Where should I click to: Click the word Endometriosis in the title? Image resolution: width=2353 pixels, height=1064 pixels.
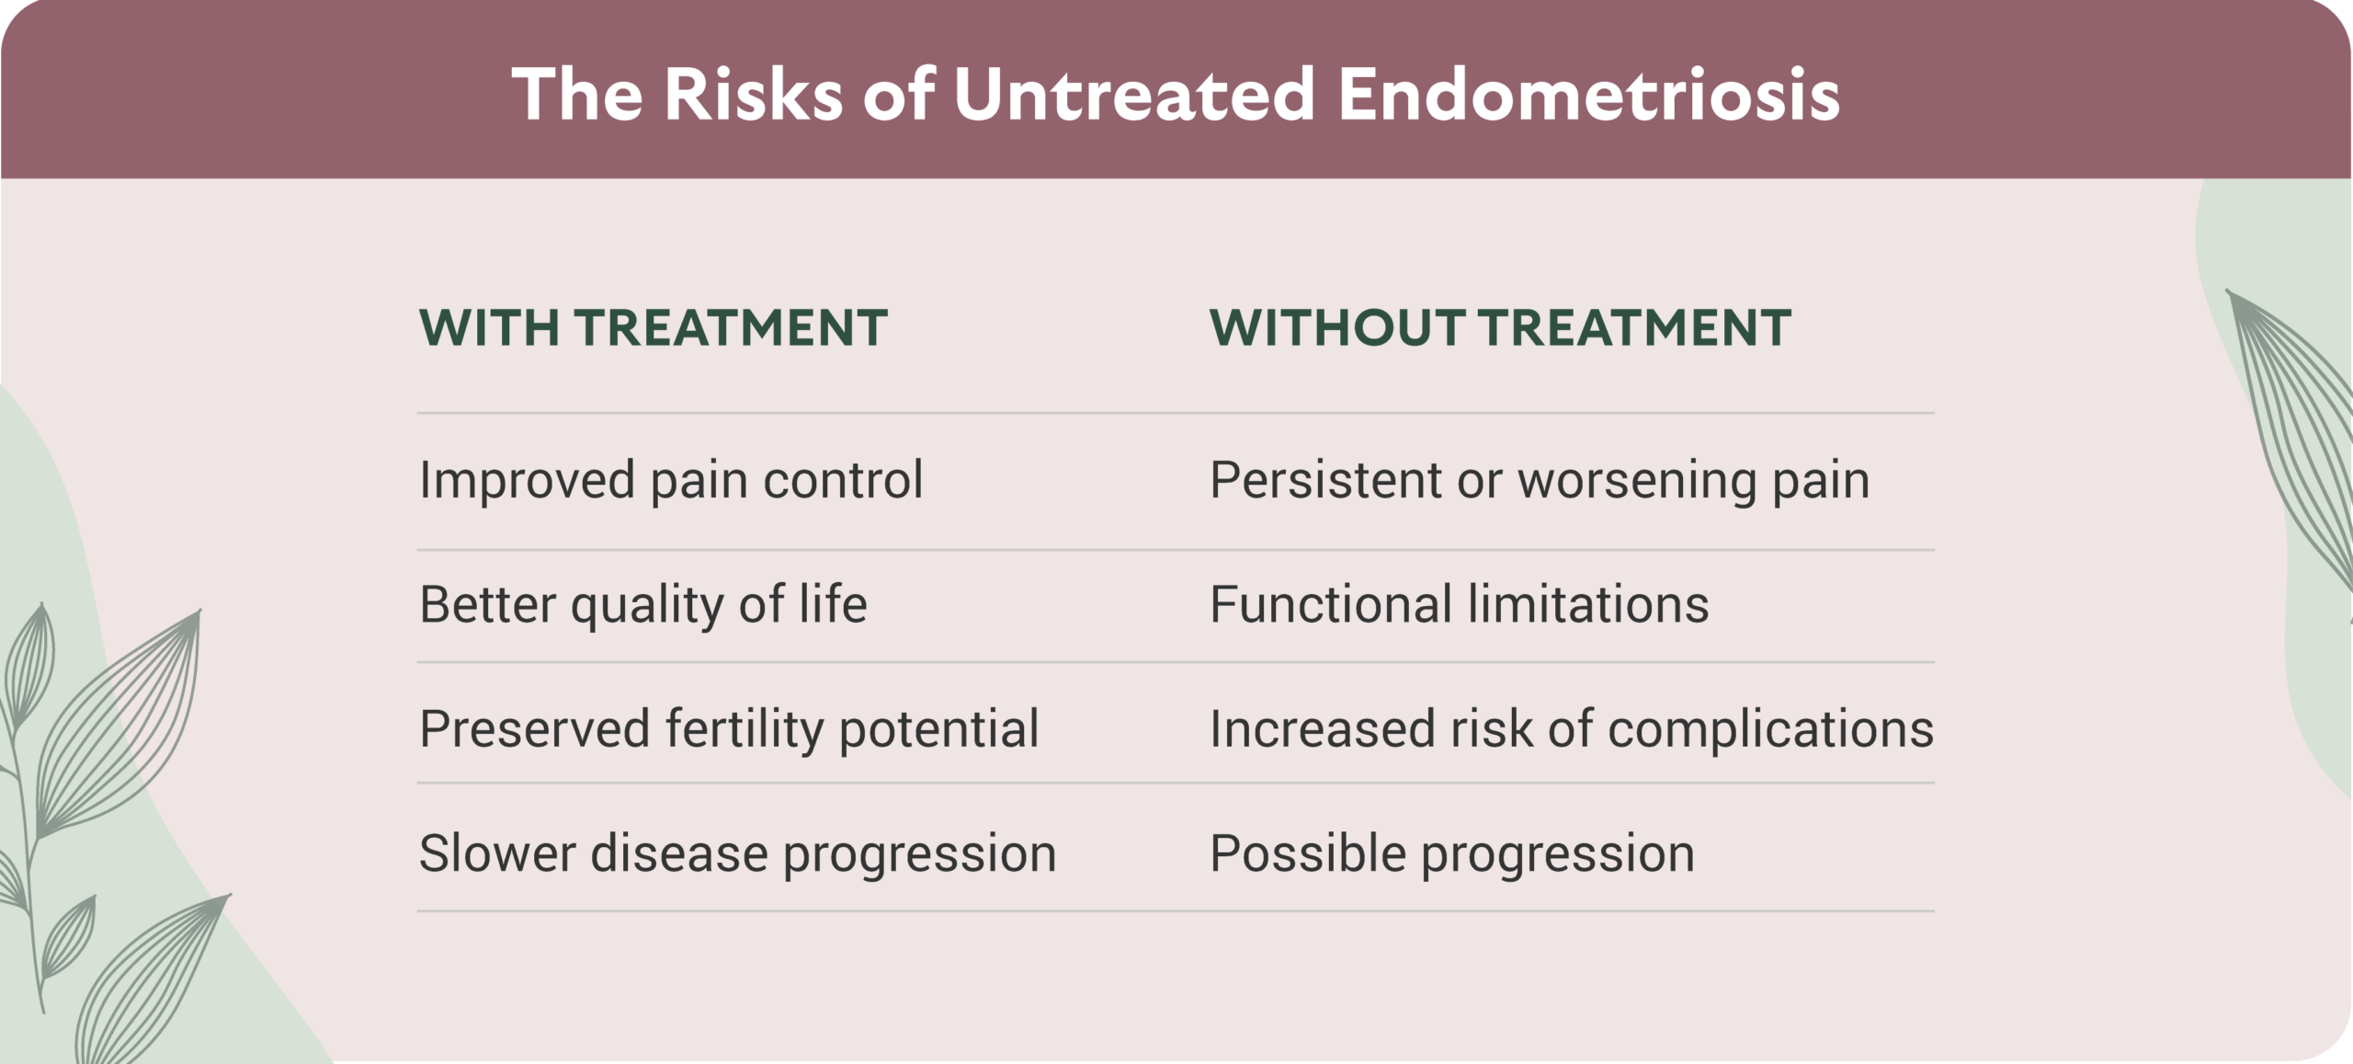click(1588, 94)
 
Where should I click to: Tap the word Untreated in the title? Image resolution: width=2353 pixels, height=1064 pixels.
click(1134, 94)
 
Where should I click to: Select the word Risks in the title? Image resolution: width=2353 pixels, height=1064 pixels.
click(753, 94)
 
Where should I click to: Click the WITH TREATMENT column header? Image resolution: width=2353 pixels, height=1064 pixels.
click(654, 327)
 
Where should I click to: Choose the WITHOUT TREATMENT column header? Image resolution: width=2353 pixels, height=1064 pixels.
click(1500, 327)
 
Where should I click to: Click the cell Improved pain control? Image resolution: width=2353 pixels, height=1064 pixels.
click(671, 481)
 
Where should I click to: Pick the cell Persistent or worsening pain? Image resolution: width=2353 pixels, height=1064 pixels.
click(1540, 481)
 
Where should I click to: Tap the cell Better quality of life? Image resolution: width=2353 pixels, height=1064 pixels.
click(643, 605)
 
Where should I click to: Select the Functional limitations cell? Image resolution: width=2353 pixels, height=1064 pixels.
click(1460, 604)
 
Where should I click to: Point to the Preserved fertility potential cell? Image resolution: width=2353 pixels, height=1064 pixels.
click(729, 730)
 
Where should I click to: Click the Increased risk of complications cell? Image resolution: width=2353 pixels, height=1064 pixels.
click(1572, 730)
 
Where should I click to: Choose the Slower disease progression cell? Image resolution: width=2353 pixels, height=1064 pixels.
click(737, 854)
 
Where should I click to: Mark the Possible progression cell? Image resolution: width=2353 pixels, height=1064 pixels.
click(1452, 854)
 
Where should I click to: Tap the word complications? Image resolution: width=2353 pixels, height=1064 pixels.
click(1771, 730)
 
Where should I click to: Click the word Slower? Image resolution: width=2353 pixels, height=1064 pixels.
click(497, 853)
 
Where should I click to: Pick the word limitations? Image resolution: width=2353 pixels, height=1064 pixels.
click(1588, 604)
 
